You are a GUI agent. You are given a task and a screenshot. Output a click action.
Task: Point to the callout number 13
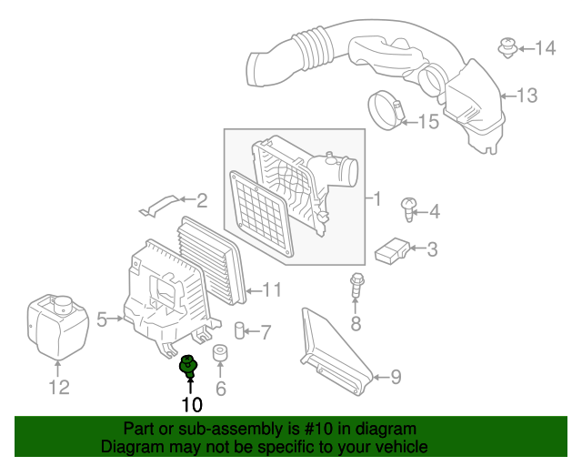tap(527, 95)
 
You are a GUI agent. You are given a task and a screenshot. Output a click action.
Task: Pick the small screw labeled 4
tap(408, 211)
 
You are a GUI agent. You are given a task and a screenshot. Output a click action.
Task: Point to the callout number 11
tap(272, 290)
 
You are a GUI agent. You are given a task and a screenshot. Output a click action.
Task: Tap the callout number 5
tap(102, 319)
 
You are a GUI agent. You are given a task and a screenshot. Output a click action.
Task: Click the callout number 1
tap(372, 198)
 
